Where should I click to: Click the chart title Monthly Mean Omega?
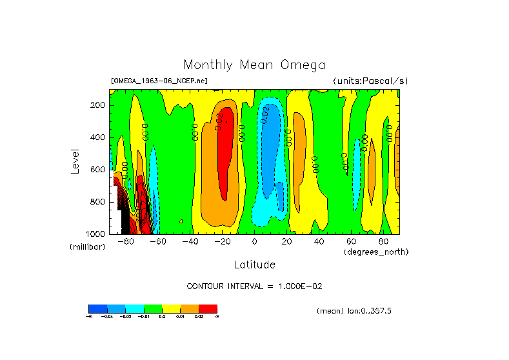[x=254, y=65]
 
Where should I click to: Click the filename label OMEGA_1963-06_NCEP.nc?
[x=159, y=81]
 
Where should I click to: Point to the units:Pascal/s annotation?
[x=370, y=81]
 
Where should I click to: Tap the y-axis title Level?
[x=75, y=161]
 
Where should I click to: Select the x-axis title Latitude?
[x=254, y=265]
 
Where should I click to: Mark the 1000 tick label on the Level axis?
[x=96, y=233]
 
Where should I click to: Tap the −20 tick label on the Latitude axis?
[x=222, y=242]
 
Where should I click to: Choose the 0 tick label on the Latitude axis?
[x=254, y=242]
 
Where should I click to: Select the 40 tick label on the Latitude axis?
[x=319, y=242]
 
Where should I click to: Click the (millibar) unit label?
[x=87, y=247]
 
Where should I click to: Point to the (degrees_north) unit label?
[x=376, y=251]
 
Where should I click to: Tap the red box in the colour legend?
[x=208, y=308]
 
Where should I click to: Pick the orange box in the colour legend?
[x=190, y=308]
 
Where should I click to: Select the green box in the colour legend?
[x=153, y=308]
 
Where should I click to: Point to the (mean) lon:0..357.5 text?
[x=354, y=311]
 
